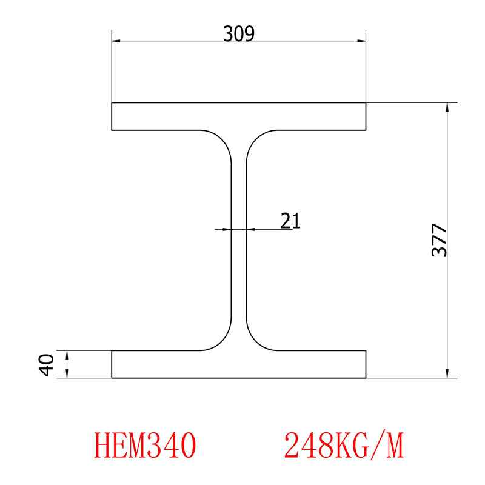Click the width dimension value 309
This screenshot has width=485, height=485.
click(238, 33)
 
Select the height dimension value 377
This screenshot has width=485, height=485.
click(440, 241)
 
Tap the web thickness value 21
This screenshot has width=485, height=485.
click(290, 220)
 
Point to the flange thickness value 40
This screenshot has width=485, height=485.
click(47, 364)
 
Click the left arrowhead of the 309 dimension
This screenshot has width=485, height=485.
click(116, 41)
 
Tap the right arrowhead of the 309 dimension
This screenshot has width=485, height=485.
click(361, 41)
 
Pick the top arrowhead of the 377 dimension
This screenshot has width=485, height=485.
click(447, 107)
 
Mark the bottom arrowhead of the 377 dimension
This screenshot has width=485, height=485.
click(447, 373)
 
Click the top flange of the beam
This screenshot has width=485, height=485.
click(239, 116)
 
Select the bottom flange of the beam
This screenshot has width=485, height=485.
click(239, 364)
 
